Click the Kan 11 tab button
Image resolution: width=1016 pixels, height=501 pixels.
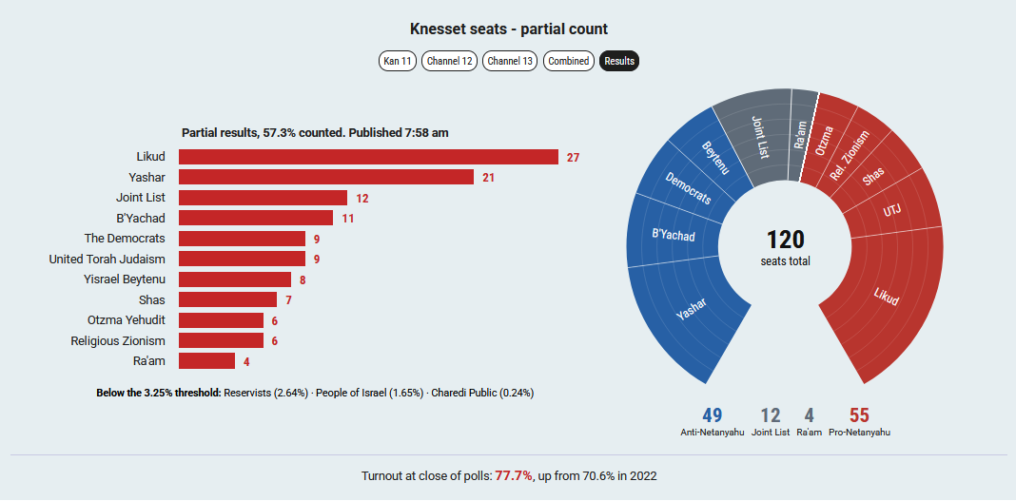pyautogui.click(x=398, y=61)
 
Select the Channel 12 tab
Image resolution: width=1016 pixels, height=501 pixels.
pyautogui.click(x=450, y=61)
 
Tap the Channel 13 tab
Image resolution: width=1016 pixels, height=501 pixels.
pyautogui.click(x=510, y=61)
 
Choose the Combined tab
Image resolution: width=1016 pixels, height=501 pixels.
pyautogui.click(x=568, y=61)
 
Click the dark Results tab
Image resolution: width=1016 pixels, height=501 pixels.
pyautogui.click(x=619, y=61)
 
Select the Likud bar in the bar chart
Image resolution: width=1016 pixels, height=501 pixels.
pyautogui.click(x=369, y=157)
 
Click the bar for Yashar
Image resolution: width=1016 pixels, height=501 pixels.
pyautogui.click(x=326, y=178)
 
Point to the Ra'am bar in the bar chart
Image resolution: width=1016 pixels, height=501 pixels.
pyautogui.click(x=206, y=361)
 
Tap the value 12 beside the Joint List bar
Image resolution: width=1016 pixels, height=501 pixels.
pyautogui.click(x=362, y=199)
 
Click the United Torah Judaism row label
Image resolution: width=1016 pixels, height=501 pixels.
pyautogui.click(x=107, y=259)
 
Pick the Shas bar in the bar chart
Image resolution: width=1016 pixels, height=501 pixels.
pyautogui.click(x=228, y=299)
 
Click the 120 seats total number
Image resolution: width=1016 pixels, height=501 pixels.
pyautogui.click(x=786, y=241)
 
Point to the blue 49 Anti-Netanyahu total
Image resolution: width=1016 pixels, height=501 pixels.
pyautogui.click(x=712, y=415)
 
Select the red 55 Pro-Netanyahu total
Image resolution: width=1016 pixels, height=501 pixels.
pyautogui.click(x=859, y=415)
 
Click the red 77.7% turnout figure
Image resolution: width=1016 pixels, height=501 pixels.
pyautogui.click(x=514, y=476)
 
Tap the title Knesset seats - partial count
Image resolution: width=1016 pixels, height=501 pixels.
pyautogui.click(x=509, y=29)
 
